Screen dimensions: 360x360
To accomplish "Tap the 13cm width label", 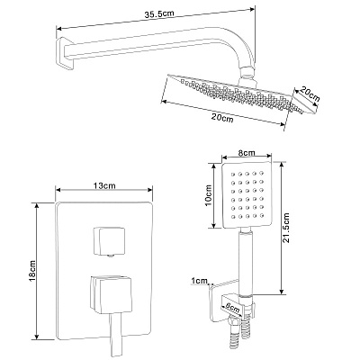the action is click(104, 185).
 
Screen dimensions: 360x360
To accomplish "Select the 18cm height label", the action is click(32, 271).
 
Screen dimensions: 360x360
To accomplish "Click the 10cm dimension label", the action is click(209, 195).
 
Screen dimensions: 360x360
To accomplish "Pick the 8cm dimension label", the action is click(247, 153).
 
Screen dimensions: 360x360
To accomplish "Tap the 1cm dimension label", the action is click(200, 281).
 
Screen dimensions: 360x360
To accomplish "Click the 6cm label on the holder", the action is click(232, 307).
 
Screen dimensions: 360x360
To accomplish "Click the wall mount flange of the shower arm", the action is click(65, 53).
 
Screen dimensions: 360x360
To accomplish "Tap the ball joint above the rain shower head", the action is click(247, 75).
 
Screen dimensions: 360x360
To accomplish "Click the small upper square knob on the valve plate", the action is click(109, 241).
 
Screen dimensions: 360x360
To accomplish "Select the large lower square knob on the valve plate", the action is click(111, 292).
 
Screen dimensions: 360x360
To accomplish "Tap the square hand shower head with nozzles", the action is click(247, 196).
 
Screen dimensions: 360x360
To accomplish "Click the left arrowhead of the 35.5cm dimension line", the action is click(58, 29).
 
